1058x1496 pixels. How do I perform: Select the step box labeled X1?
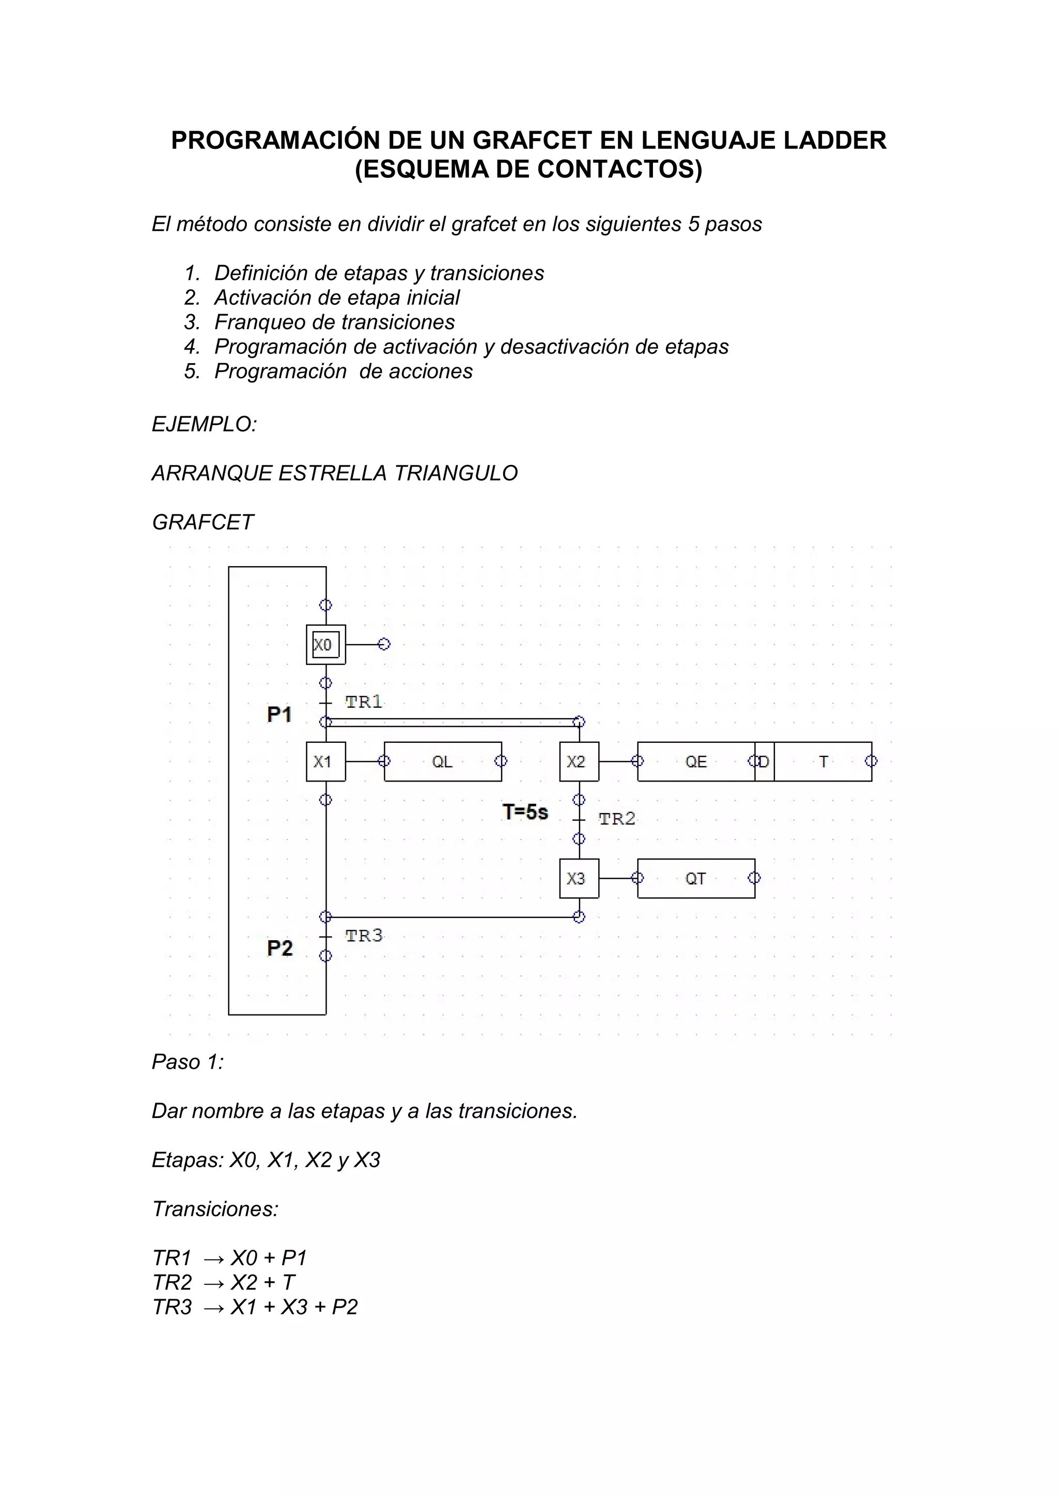[x=326, y=761]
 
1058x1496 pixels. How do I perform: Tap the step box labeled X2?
[x=579, y=761]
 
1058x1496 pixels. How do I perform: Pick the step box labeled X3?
[x=579, y=878]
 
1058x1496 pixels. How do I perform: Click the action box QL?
[x=443, y=761]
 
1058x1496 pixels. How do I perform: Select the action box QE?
[x=696, y=761]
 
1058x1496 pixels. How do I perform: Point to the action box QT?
[x=696, y=878]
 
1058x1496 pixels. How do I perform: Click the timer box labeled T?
[x=823, y=761]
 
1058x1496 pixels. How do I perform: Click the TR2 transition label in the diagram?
[x=616, y=819]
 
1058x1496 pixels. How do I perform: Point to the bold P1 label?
[x=279, y=715]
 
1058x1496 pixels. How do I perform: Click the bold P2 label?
[x=279, y=948]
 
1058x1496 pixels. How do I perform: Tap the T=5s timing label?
[x=525, y=813]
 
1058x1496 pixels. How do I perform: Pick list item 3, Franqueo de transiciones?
[x=334, y=322]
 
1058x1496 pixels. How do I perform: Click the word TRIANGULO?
[x=456, y=473]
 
